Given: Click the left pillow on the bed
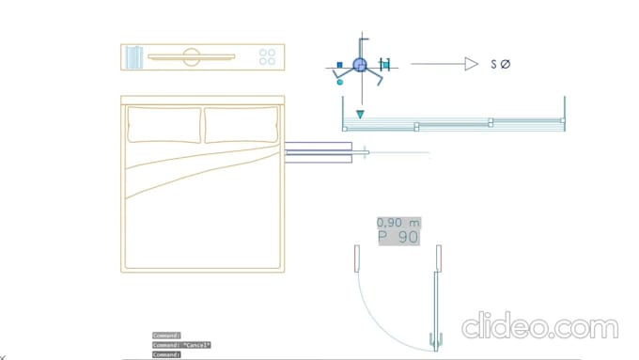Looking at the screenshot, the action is pyautogui.click(x=164, y=125).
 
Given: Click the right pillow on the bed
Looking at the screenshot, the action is pyautogui.click(x=242, y=125).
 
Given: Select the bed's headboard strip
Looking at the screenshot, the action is pyautogui.click(x=202, y=100).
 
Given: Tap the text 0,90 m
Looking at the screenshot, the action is pyautogui.click(x=398, y=223).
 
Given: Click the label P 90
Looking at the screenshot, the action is pyautogui.click(x=398, y=238).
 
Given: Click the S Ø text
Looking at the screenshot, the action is pyautogui.click(x=500, y=64).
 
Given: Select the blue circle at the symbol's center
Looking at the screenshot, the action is pyautogui.click(x=360, y=64).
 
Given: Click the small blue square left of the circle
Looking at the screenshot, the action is pyautogui.click(x=339, y=66).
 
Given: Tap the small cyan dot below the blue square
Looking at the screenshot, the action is pyautogui.click(x=339, y=82).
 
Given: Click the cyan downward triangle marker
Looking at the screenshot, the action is pyautogui.click(x=360, y=115).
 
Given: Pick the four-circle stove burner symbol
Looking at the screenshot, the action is pyautogui.click(x=268, y=56).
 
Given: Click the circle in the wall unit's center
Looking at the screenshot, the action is pyautogui.click(x=192, y=57).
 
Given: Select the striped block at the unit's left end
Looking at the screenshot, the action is pyautogui.click(x=133, y=56).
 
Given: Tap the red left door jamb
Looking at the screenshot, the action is pyautogui.click(x=356, y=258).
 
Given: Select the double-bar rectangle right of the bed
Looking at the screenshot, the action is pyautogui.click(x=318, y=152).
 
